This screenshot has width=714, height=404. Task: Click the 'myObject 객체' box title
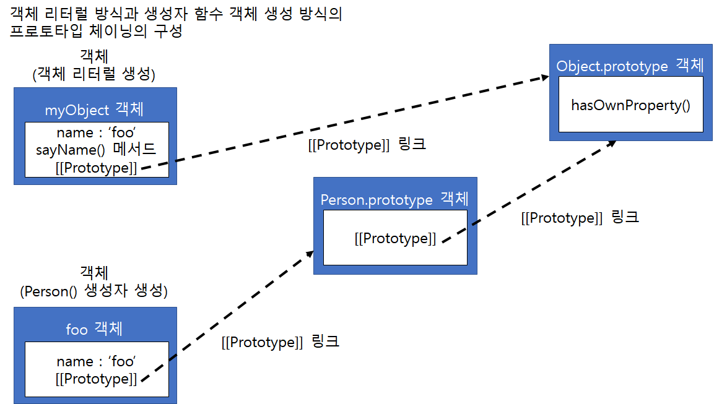[95, 110]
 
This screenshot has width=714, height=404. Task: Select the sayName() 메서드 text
[96, 150]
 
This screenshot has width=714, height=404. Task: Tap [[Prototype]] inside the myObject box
[96, 167]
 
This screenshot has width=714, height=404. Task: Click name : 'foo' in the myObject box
[96, 132]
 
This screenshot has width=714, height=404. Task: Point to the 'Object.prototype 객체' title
[630, 66]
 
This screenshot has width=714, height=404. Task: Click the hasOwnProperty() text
[630, 105]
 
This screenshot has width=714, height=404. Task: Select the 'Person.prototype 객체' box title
[394, 199]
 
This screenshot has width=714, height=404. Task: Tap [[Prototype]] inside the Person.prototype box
[395, 238]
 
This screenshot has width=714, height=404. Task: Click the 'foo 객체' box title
[94, 329]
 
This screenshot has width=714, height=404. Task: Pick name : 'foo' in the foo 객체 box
[96, 361]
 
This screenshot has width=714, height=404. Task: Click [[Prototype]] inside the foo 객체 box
[96, 378]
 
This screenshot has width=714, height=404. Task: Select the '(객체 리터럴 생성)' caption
[94, 74]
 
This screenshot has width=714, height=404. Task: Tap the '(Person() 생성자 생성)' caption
[94, 291]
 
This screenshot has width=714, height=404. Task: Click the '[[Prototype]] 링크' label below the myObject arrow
[367, 145]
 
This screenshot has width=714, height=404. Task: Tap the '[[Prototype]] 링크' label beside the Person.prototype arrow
[580, 218]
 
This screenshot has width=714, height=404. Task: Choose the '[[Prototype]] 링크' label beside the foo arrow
[280, 342]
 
